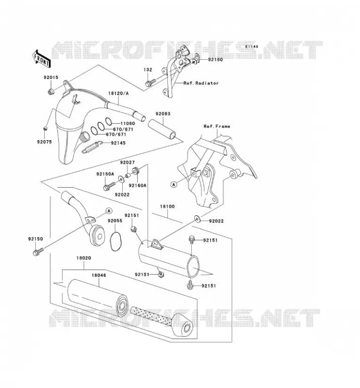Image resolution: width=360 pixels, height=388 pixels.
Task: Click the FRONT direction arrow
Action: tap(41, 59)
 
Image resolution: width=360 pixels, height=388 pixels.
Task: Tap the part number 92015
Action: tap(51, 78)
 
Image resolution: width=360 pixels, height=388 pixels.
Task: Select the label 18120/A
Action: tap(118, 94)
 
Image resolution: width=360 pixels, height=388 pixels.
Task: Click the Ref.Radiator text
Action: tap(201, 83)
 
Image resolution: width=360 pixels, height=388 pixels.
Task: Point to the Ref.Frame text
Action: tap(217, 126)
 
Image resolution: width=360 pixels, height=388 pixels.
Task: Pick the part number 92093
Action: tap(163, 114)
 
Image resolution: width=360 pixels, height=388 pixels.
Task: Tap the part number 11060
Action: tap(128, 124)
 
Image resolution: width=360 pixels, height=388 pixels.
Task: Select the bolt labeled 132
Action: tap(150, 82)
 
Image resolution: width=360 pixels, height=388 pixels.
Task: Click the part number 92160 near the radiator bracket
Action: tap(215, 60)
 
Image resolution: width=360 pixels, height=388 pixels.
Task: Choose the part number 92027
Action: tap(128, 162)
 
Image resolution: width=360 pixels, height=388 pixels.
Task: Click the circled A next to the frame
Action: tap(174, 184)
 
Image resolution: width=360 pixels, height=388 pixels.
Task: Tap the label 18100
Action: tap(167, 207)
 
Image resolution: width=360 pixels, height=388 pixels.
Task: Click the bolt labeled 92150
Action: tap(38, 252)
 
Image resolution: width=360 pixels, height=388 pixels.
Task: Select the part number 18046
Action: tap(99, 275)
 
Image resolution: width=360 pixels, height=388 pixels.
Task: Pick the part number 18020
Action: tap(83, 258)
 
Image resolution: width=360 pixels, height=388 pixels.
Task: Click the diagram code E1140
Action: tap(252, 47)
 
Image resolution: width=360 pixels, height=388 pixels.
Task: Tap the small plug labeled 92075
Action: tap(45, 129)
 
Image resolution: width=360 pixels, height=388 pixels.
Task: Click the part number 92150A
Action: tap(105, 174)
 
